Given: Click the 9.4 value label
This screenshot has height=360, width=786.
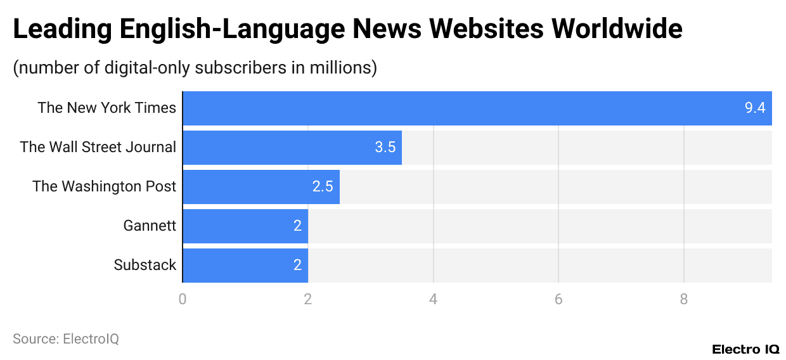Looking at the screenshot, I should point(755,108).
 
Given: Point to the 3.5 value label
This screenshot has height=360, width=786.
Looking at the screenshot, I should point(385,147).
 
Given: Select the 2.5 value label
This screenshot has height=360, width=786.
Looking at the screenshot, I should point(323,186).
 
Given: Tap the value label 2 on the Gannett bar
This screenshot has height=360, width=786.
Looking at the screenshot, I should point(297,226).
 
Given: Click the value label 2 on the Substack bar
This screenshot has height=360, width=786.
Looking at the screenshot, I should point(297,265).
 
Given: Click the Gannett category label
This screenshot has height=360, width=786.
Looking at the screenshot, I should point(150,226).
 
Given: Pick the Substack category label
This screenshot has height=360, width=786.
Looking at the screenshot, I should point(145,265).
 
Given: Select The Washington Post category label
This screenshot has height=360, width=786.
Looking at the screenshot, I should point(105,186).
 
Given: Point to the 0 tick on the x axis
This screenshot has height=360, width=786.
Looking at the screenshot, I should point(183,299).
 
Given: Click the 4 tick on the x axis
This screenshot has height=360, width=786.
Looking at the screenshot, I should point(434,299).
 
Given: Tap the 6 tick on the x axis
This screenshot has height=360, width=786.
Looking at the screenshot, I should point(558,299).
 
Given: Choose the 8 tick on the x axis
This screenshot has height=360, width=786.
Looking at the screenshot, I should point(684,299).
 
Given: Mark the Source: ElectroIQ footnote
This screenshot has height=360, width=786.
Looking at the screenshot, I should point(66,339).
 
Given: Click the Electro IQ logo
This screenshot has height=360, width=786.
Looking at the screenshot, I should point(745,349).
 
